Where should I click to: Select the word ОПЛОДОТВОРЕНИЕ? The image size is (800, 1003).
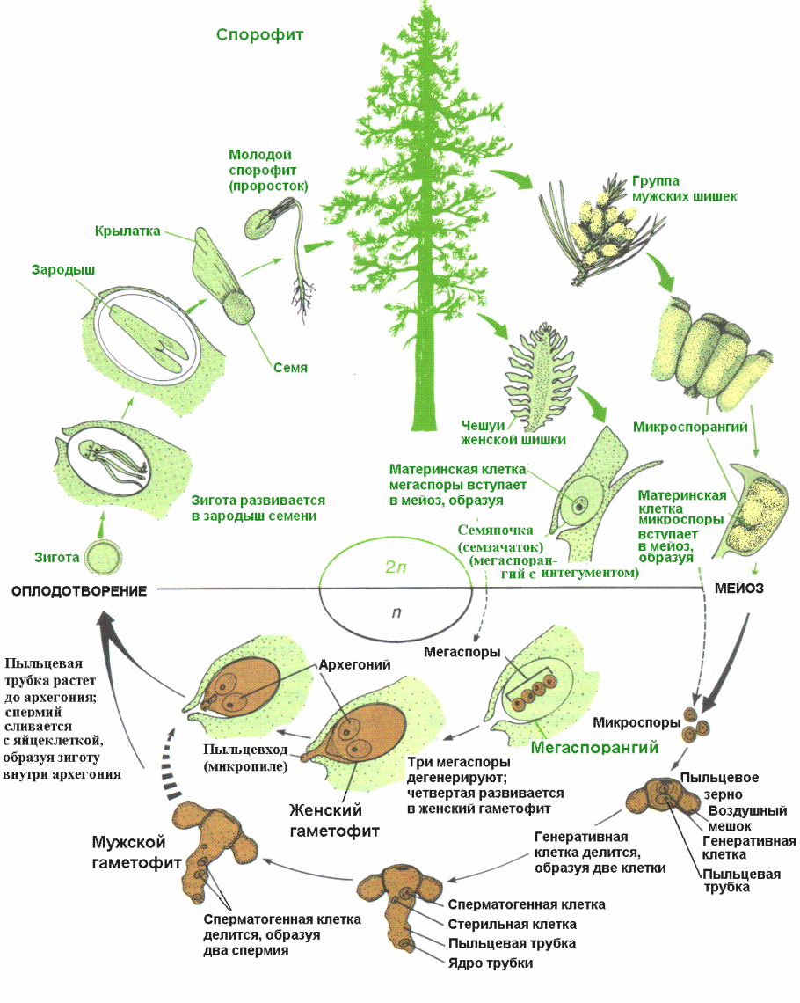(78, 590)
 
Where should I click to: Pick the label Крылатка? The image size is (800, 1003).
(127, 231)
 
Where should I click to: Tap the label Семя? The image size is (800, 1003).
(290, 367)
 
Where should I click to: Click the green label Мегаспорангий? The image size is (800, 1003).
(595, 749)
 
